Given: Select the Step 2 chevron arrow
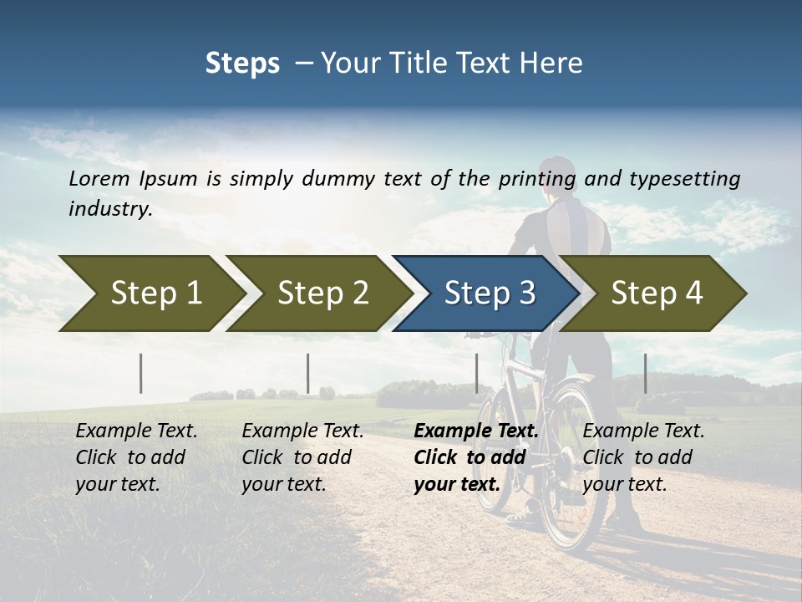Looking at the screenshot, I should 322,293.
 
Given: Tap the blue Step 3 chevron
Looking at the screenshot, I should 489,293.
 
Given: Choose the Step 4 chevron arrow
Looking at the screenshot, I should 656,293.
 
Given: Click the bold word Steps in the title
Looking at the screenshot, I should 242,63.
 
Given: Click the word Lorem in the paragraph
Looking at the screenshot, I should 99,178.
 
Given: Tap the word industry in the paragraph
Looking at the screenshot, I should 109,208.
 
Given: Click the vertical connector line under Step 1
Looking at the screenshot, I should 141,373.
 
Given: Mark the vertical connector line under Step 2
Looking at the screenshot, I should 308,373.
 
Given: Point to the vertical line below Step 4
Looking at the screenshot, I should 645,373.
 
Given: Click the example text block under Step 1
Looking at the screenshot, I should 136,457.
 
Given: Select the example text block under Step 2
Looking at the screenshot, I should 302,457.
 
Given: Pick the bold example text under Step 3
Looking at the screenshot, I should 476,457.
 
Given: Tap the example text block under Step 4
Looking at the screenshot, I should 643,457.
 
